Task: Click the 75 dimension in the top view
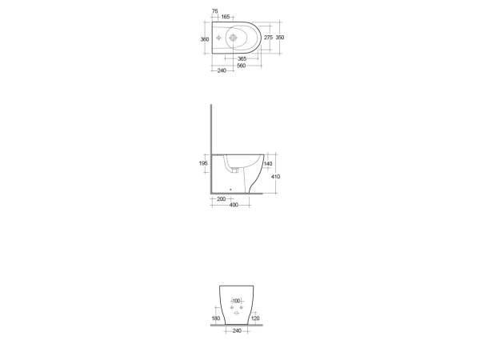(215, 11)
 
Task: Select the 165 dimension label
(226, 17)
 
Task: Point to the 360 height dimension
(205, 39)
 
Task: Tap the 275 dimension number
(268, 38)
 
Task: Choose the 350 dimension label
(280, 38)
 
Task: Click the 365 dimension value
(242, 58)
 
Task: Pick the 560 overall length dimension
(242, 66)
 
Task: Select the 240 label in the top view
(222, 70)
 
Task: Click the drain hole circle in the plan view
(234, 38)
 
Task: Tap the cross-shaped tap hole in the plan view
(218, 38)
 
